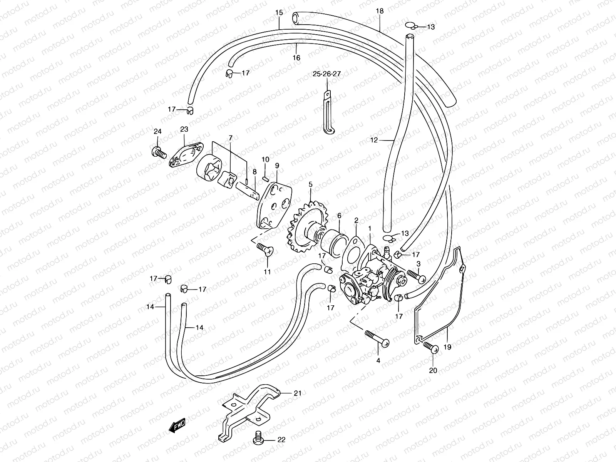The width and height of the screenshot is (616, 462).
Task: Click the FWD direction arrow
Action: coord(177,426)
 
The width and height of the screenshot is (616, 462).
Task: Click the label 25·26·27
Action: coord(326,74)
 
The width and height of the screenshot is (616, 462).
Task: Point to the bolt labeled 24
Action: coord(159,153)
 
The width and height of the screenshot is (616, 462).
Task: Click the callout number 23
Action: coord(184,129)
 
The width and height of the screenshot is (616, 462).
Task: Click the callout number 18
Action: coord(380,11)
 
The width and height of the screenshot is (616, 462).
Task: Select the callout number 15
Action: coord(279,13)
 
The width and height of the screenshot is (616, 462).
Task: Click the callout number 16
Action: coord(296,58)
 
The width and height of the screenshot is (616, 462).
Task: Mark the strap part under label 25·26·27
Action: coord(327,114)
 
